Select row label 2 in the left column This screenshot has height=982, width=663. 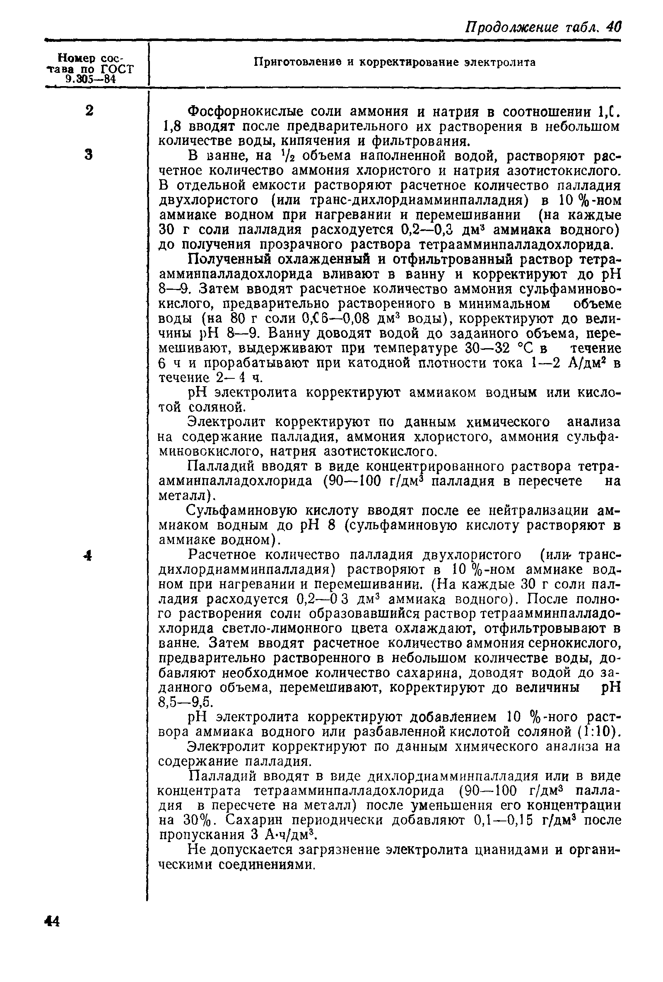[89, 111]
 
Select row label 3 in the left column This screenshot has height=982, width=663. [88, 155]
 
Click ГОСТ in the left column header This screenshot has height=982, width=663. [117, 69]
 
